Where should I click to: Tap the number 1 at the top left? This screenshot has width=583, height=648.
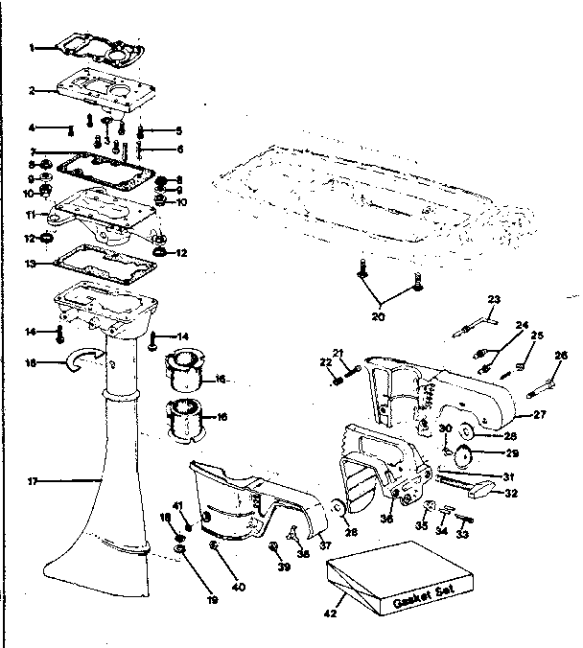(32, 47)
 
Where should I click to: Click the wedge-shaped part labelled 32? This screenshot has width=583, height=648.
(479, 488)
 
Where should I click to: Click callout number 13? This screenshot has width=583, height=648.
(32, 262)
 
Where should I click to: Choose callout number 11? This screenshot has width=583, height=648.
(32, 215)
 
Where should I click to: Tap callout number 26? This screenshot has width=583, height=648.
(562, 355)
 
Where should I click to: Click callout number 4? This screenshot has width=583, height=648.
(32, 127)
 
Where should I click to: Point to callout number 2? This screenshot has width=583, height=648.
(32, 91)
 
